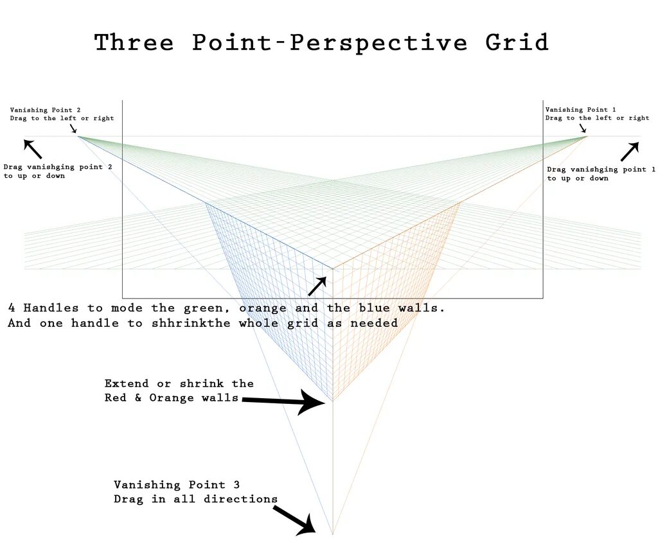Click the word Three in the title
click(134, 42)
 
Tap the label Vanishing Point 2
click(45, 110)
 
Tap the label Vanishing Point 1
click(580, 110)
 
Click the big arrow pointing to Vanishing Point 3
click(294, 520)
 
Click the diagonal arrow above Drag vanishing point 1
click(630, 152)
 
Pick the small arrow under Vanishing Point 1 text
click(582, 129)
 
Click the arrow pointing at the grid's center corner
click(317, 286)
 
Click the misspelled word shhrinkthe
click(183, 323)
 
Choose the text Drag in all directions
click(196, 499)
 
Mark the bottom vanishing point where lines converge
click(332, 534)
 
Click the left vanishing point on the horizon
click(78, 136)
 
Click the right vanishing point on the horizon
click(587, 136)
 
